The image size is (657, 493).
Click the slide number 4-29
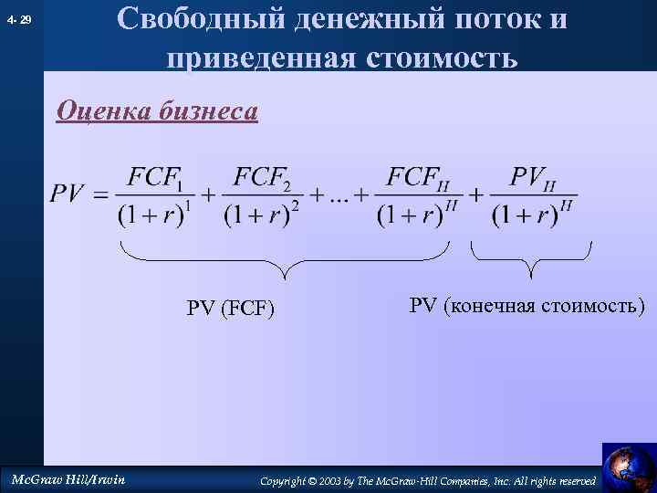tap(18, 18)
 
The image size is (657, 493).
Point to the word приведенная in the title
tap(260, 58)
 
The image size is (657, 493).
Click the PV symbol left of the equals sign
tap(68, 194)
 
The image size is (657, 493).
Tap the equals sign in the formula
tap(99, 194)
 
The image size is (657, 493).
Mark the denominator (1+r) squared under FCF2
tap(262, 215)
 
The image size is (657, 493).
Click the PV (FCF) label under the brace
tap(231, 308)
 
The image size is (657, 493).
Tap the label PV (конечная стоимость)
tap(527, 305)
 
